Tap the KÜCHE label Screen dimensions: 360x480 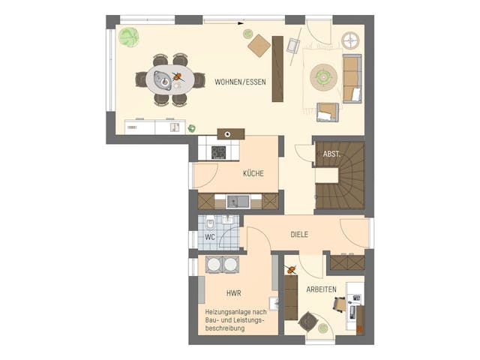[253, 173]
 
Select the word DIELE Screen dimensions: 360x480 [300, 235]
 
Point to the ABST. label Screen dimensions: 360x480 [331, 154]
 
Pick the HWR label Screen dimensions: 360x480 [232, 293]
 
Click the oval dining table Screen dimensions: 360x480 [169, 78]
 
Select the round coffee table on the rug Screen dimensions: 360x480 [325, 74]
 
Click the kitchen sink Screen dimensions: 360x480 [238, 201]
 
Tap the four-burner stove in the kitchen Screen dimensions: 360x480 [218, 151]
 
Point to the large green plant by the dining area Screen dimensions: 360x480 [128, 36]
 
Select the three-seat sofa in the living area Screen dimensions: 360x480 [352, 78]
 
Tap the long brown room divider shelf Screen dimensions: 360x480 [277, 68]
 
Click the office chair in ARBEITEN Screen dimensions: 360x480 [338, 304]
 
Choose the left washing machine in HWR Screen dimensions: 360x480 [211, 265]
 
